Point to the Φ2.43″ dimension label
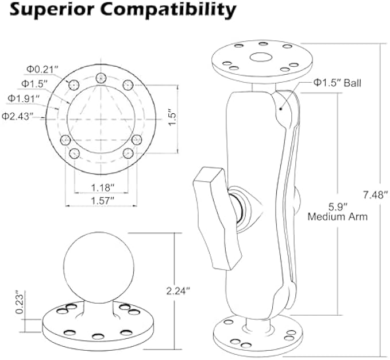(x=16, y=116)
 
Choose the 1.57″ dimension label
(x=102, y=200)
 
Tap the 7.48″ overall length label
(x=376, y=196)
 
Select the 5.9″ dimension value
(x=337, y=206)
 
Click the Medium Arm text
(x=337, y=217)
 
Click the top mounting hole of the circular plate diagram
(x=102, y=78)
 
